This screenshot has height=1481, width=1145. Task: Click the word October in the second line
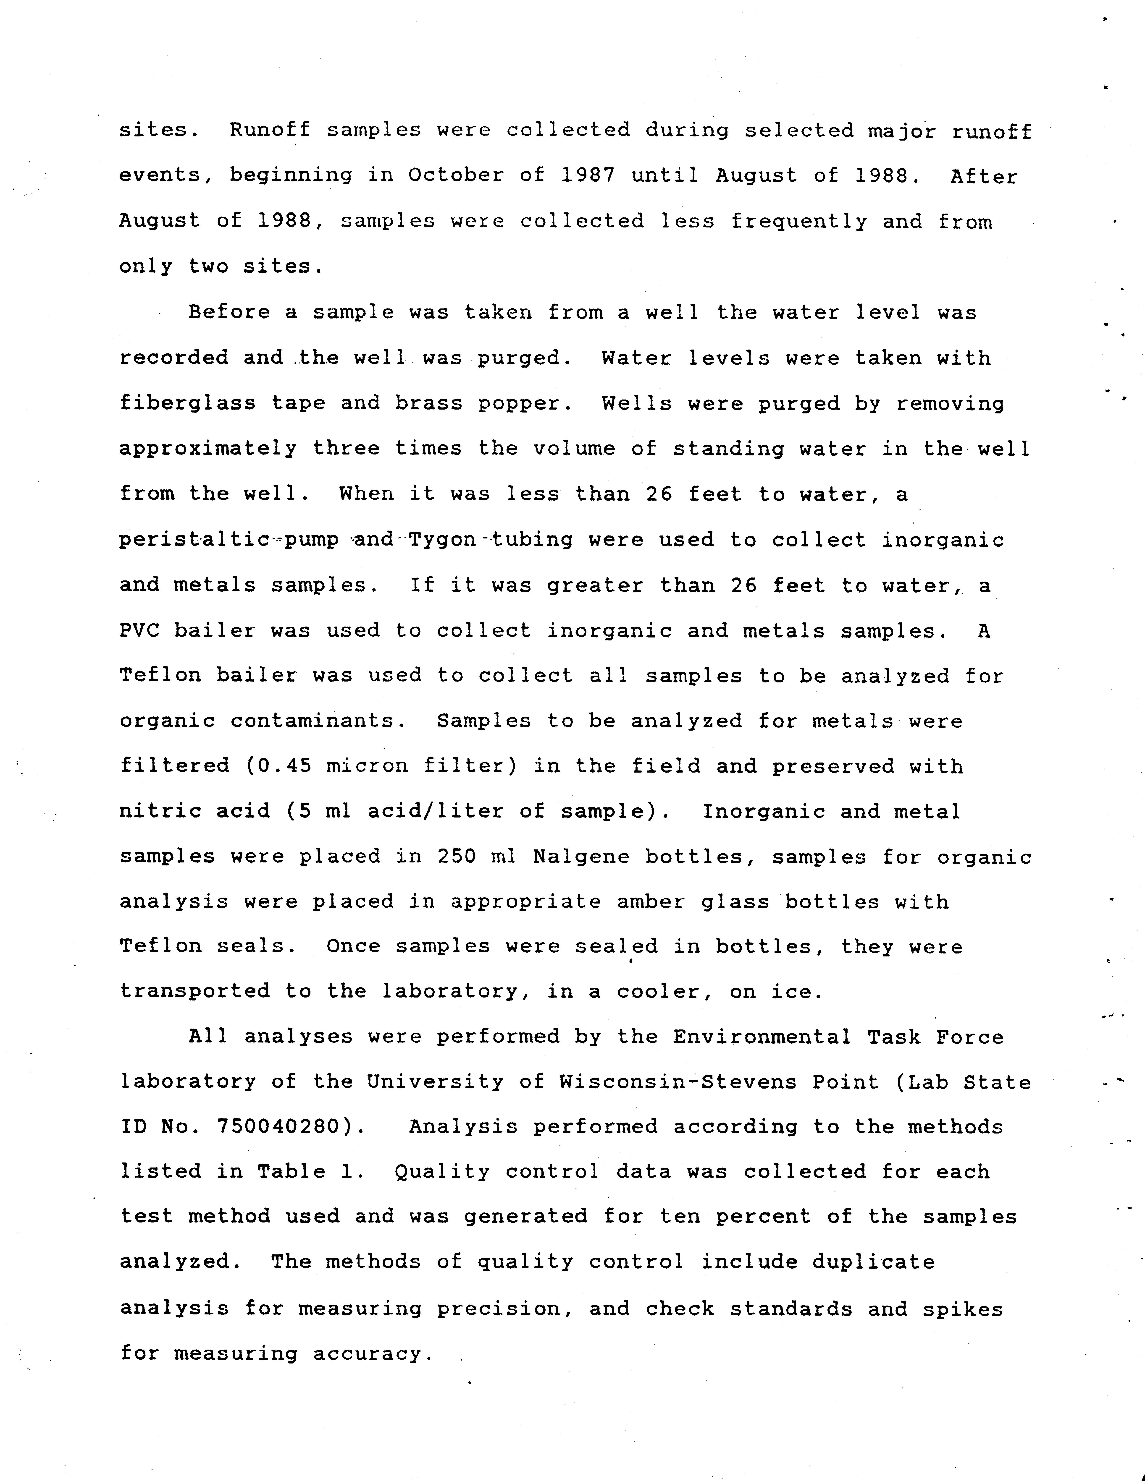pos(456,176)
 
